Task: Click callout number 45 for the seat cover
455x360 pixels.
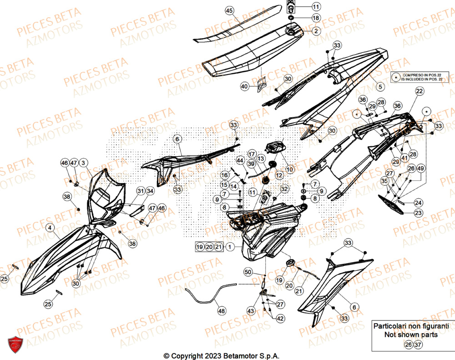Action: click(x=229, y=10)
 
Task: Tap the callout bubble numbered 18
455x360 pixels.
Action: click(x=316, y=19)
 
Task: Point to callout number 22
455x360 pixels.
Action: click(x=419, y=91)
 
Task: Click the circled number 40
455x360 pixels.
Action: click(x=245, y=86)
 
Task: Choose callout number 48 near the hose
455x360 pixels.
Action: click(x=222, y=312)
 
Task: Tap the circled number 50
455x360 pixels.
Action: click(x=248, y=272)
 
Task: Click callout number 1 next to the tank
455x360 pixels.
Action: click(x=231, y=247)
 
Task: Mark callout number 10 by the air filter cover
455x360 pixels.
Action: click(x=290, y=169)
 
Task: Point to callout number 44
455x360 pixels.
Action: click(x=240, y=160)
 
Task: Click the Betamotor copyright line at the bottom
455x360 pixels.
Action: click(x=221, y=355)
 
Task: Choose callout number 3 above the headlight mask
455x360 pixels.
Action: click(x=84, y=162)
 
